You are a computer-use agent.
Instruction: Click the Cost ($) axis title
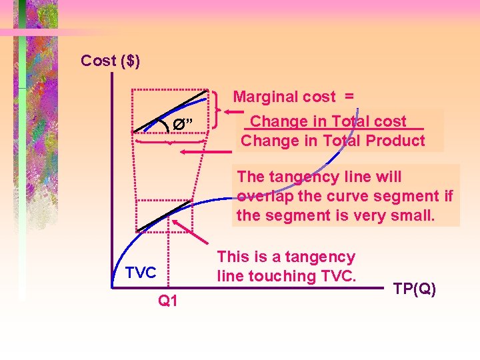(x=110, y=61)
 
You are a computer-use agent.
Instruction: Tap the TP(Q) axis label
(x=415, y=289)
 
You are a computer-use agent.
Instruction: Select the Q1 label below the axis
(x=167, y=301)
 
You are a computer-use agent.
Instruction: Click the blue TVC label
(x=140, y=272)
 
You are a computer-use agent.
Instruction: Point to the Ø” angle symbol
(x=183, y=123)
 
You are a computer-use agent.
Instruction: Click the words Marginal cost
(x=284, y=97)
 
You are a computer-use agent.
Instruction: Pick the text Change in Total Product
(x=333, y=141)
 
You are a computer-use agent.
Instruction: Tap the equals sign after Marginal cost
(x=349, y=97)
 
